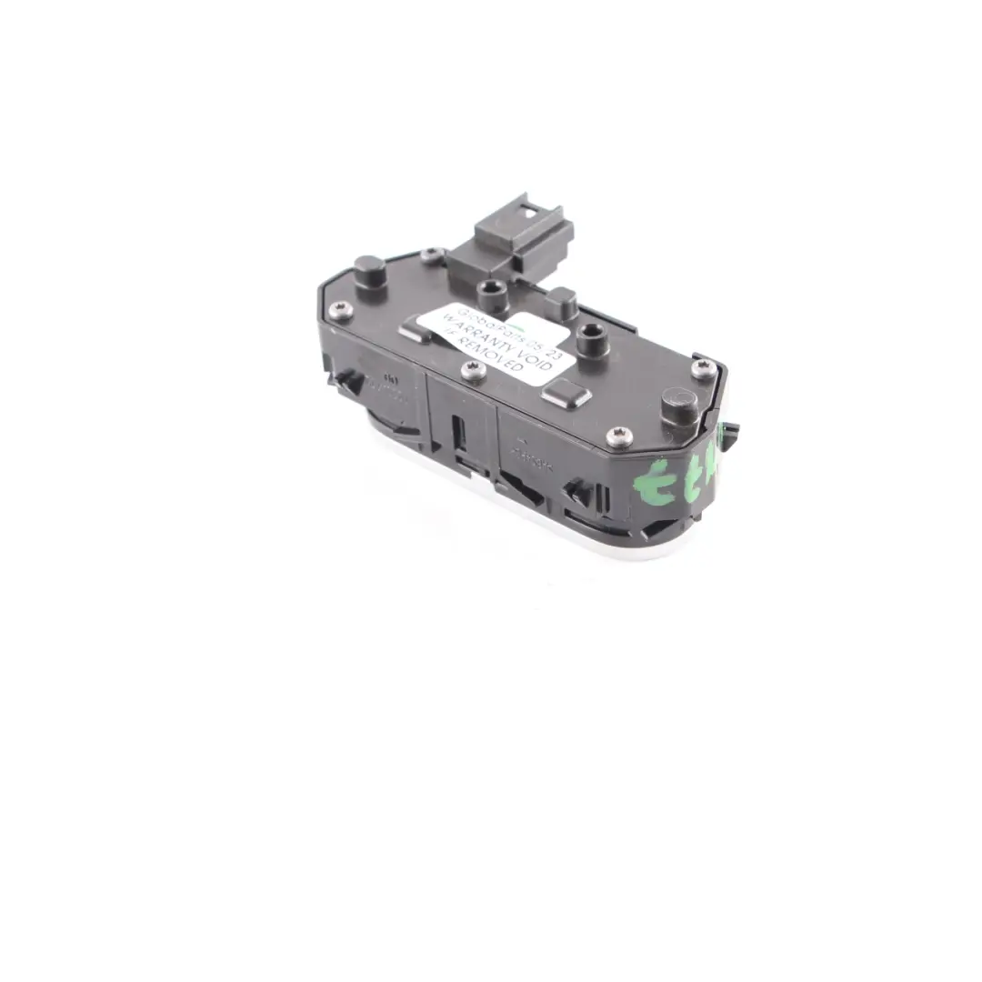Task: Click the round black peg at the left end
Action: [x=368, y=270]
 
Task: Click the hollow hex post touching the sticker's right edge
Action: [x=595, y=344]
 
